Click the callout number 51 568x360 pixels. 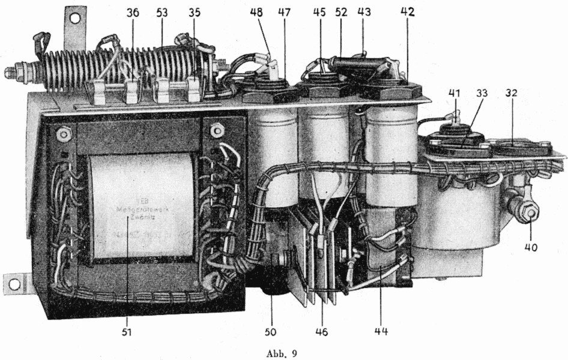pos(126,331)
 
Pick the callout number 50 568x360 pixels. pos(270,331)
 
